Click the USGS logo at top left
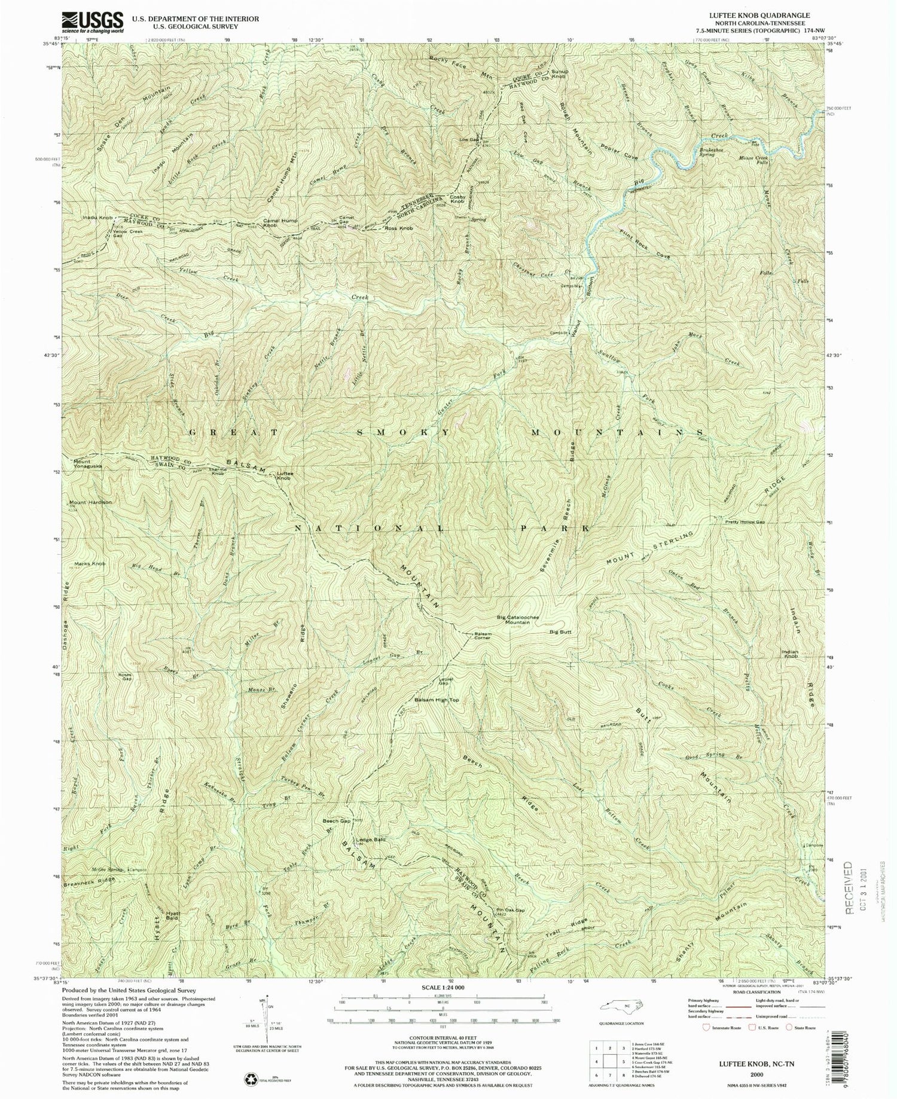coord(93,22)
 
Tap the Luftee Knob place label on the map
coord(285,477)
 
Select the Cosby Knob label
coord(457,200)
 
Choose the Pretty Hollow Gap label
coord(744,522)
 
